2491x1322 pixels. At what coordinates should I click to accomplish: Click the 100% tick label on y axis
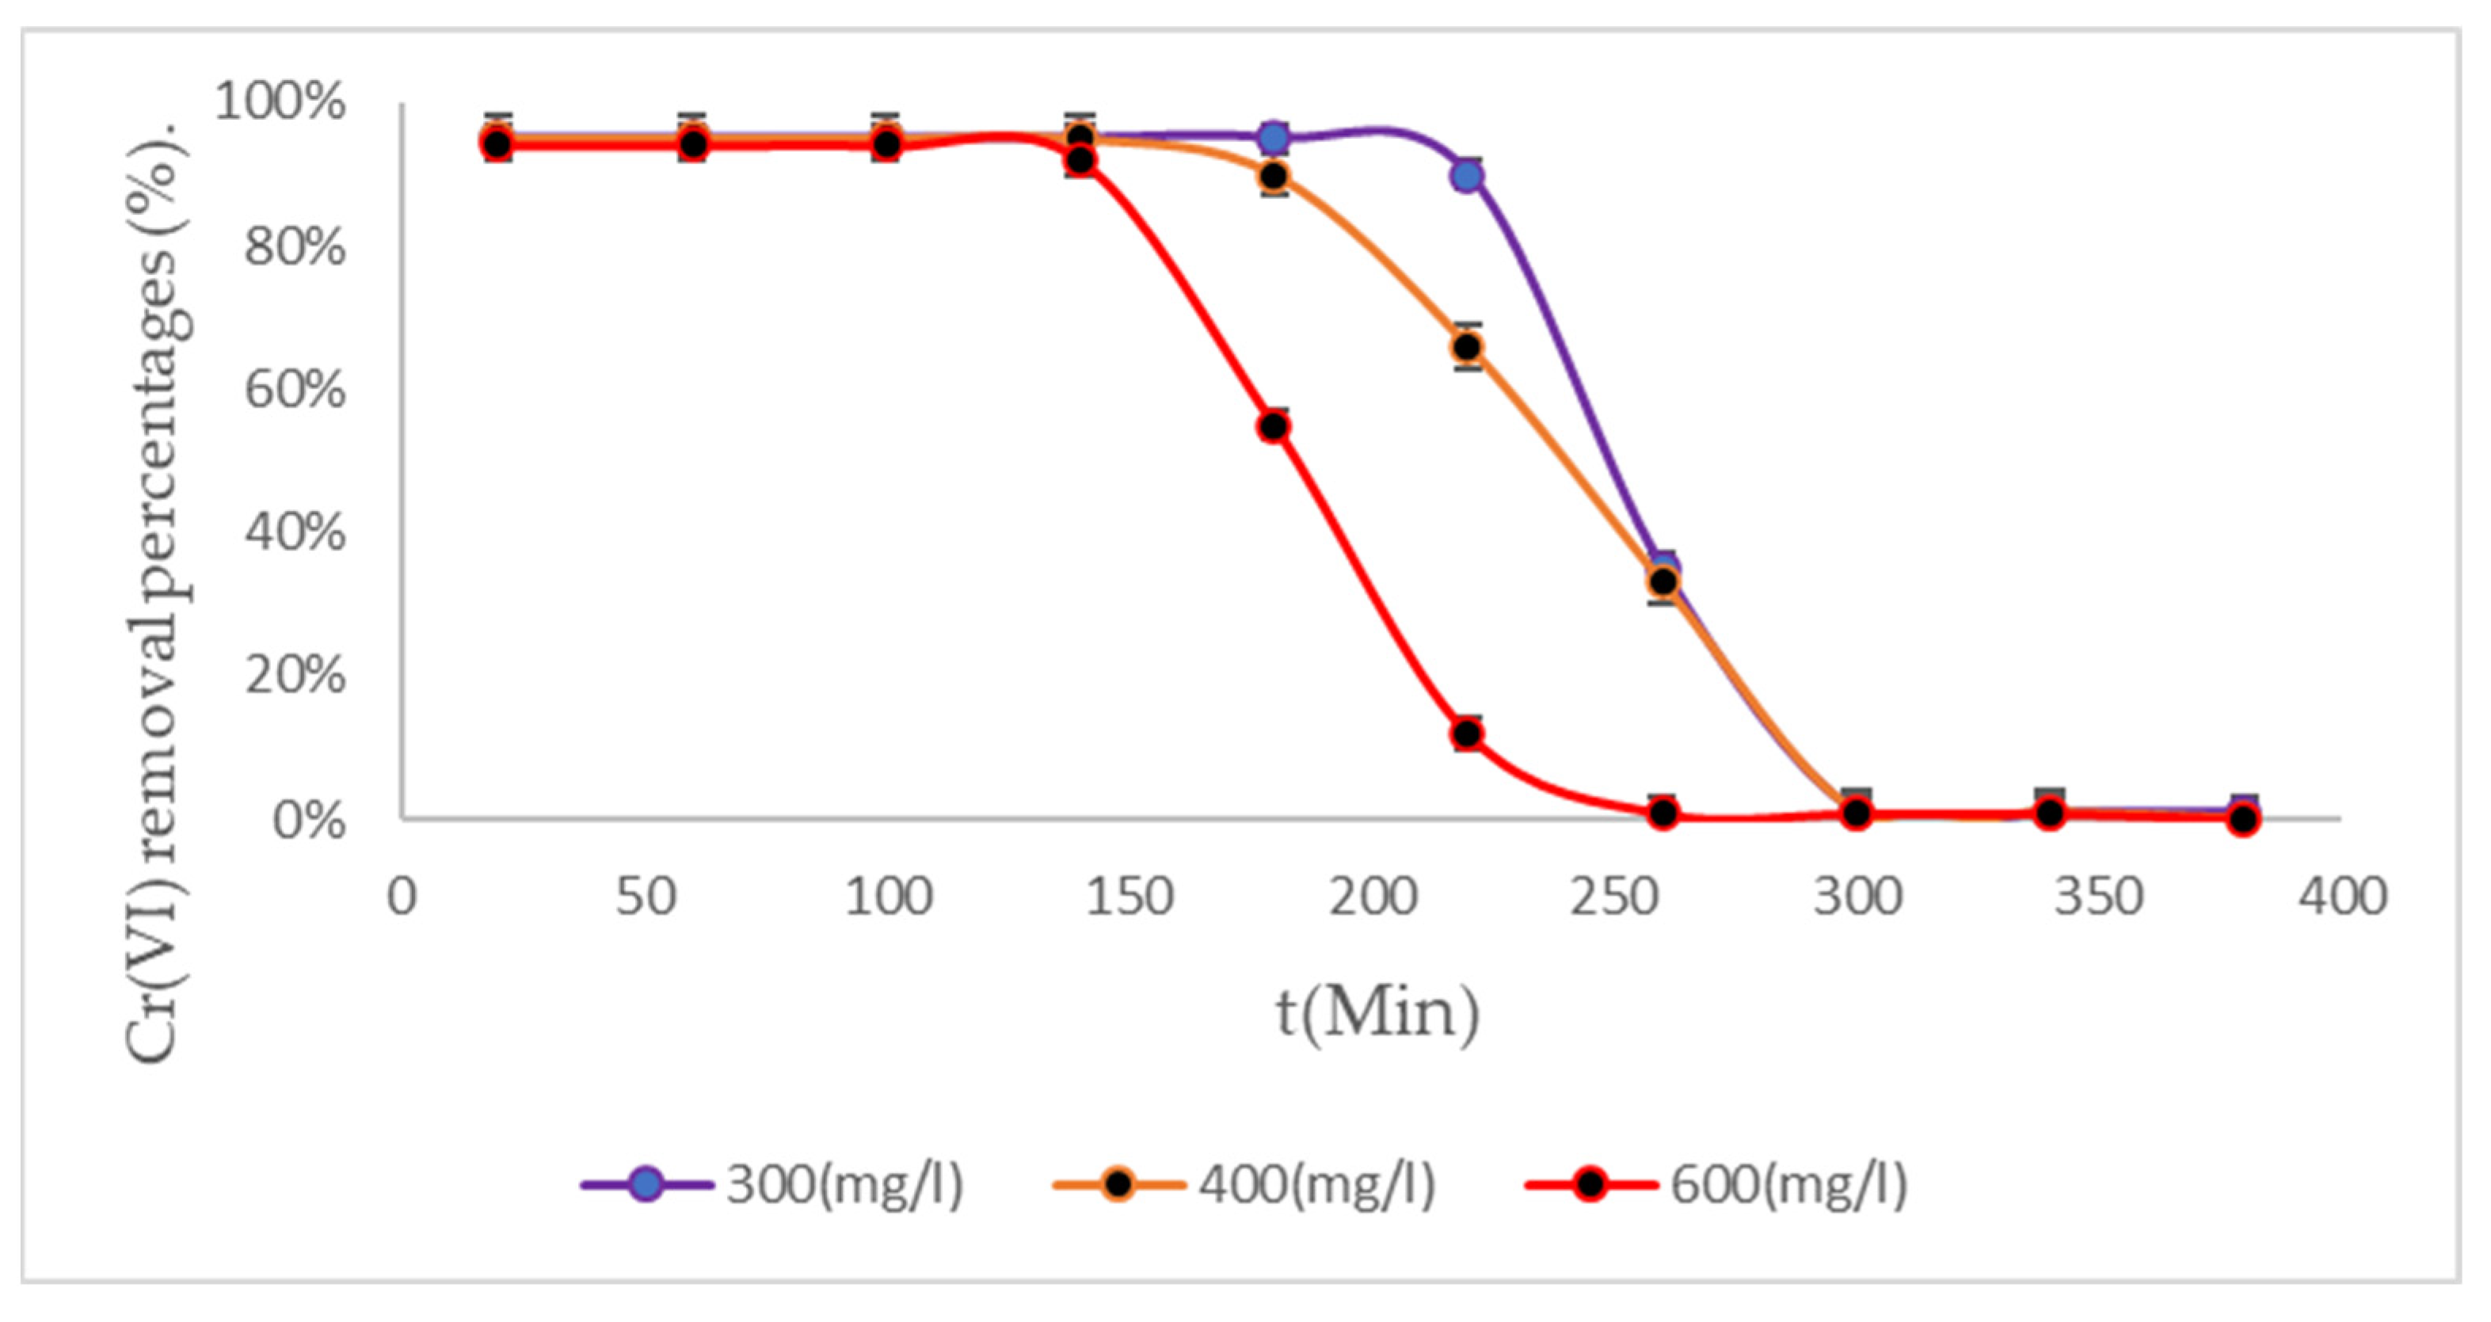coord(280,102)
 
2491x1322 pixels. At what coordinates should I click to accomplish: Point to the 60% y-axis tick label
coord(295,391)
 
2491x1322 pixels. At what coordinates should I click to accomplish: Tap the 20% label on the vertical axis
coord(295,675)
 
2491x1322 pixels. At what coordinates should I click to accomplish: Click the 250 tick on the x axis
coord(1614,897)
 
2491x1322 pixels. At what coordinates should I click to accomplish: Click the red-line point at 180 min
coord(1274,426)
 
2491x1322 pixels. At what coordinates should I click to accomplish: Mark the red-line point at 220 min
coord(1467,734)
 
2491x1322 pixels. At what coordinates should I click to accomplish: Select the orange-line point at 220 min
coord(1467,346)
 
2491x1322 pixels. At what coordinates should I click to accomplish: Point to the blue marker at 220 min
coord(1467,176)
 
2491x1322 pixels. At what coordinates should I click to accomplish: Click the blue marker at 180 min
coord(1274,137)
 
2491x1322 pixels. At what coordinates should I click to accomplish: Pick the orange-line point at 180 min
coord(1274,176)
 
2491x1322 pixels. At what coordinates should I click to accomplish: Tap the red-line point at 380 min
coord(2243,819)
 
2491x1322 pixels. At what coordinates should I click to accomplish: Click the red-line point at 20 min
coord(497,144)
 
